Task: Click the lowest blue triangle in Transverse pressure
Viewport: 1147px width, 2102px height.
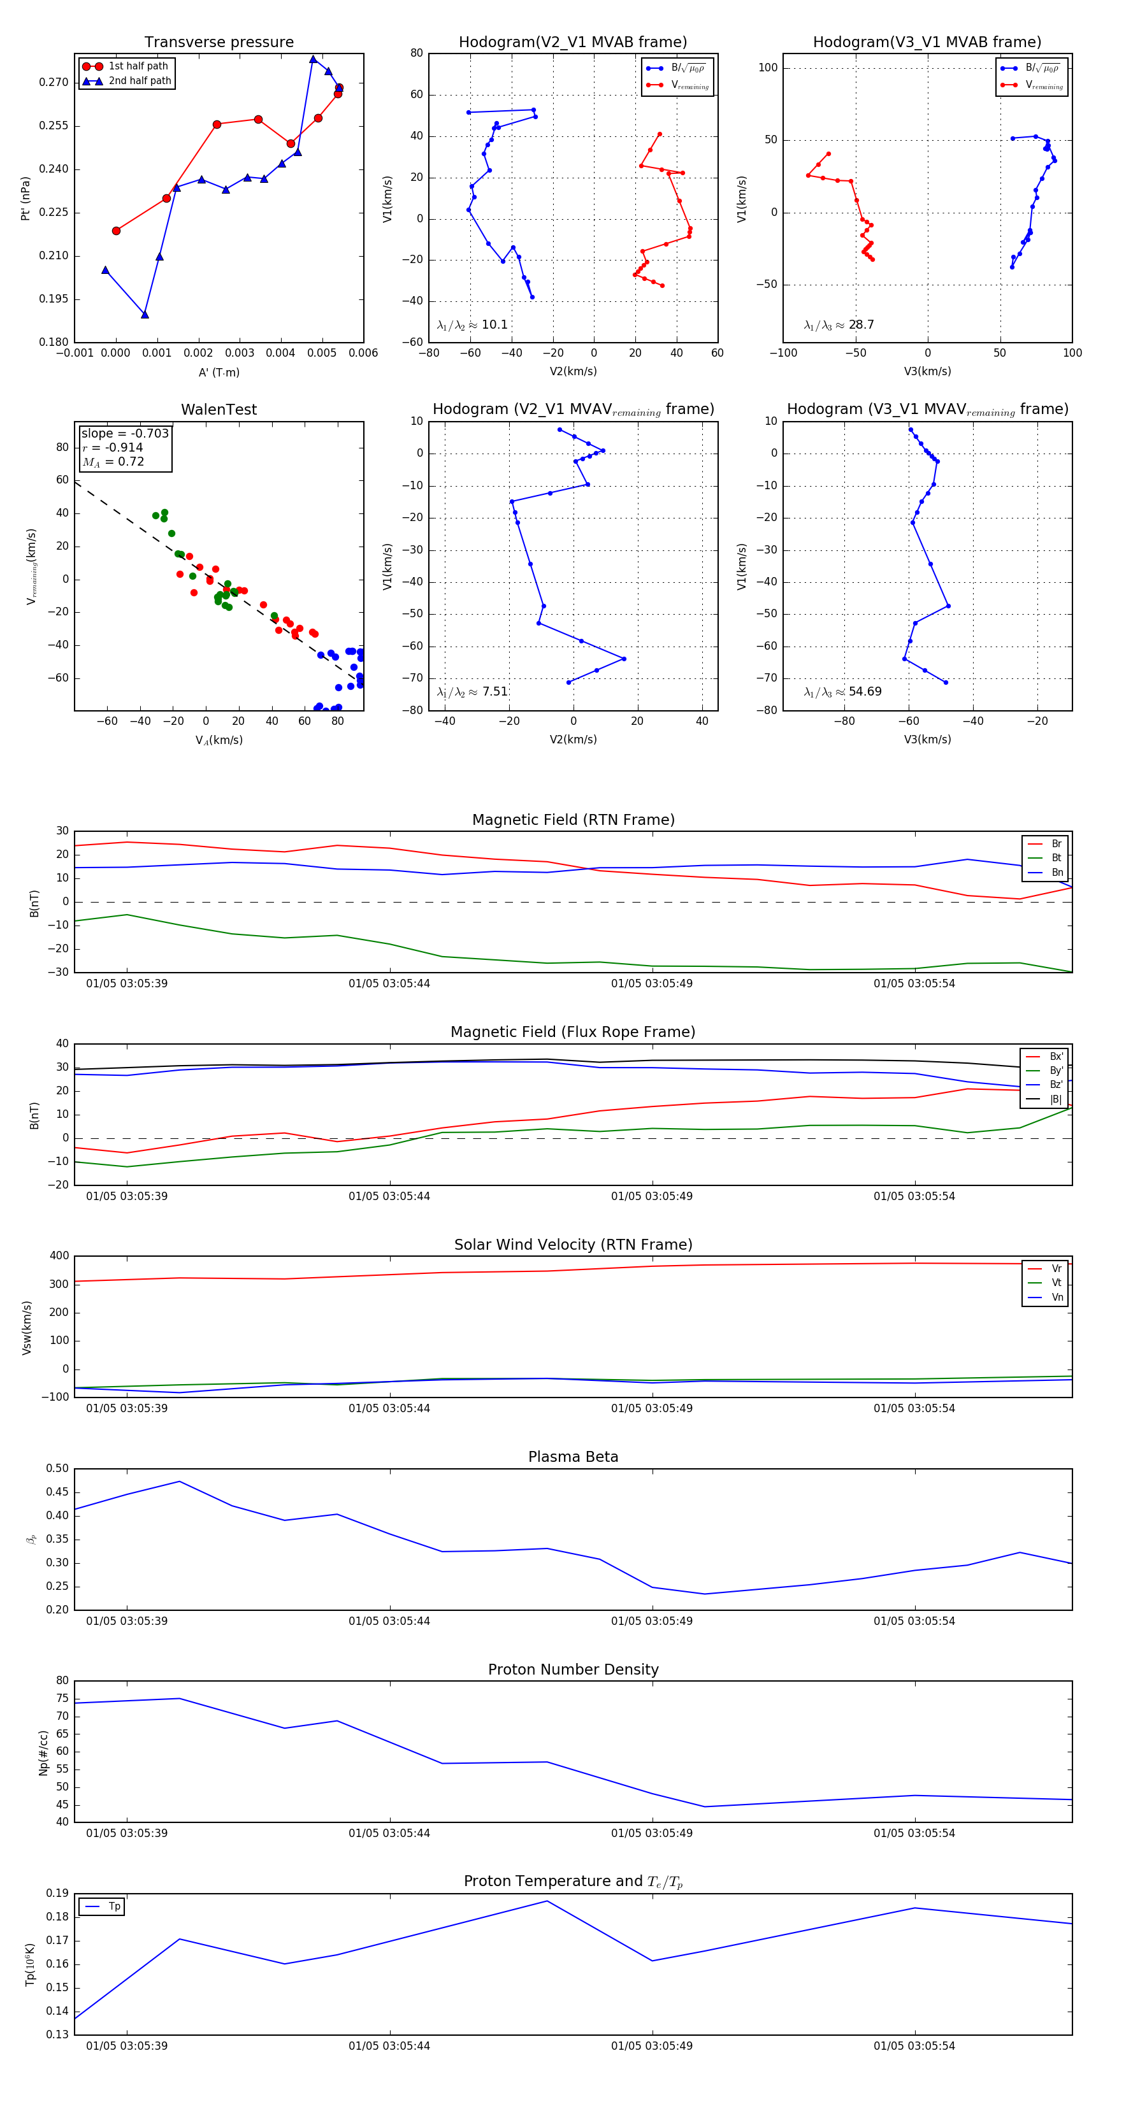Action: click(x=145, y=314)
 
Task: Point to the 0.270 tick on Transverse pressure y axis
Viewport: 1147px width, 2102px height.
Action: click(x=54, y=82)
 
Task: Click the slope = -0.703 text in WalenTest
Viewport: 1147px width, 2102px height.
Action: click(x=125, y=433)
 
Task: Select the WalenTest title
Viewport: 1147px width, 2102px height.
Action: click(x=219, y=410)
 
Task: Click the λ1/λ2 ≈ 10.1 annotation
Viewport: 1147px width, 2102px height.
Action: click(x=473, y=325)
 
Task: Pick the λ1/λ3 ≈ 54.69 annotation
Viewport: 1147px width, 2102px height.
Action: click(x=842, y=692)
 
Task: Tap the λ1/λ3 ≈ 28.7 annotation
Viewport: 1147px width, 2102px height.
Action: click(x=839, y=325)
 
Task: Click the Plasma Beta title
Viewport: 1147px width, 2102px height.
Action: click(x=573, y=1457)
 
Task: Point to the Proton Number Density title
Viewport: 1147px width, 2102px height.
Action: click(x=573, y=1669)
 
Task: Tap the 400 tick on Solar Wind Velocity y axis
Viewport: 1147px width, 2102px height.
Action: click(x=59, y=1256)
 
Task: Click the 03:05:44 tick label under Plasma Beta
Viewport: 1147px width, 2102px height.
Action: click(x=389, y=1621)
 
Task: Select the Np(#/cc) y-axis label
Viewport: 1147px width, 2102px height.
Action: click(x=44, y=1753)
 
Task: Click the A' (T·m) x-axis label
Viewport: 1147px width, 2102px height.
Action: click(x=219, y=372)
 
